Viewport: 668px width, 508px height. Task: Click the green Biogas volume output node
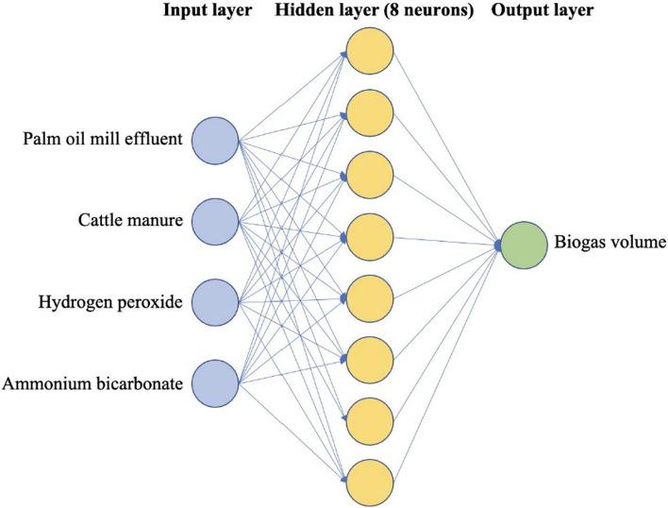[x=526, y=246]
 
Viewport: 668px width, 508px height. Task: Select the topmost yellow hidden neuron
[x=370, y=55]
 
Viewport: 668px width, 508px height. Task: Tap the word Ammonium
[x=43, y=383]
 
